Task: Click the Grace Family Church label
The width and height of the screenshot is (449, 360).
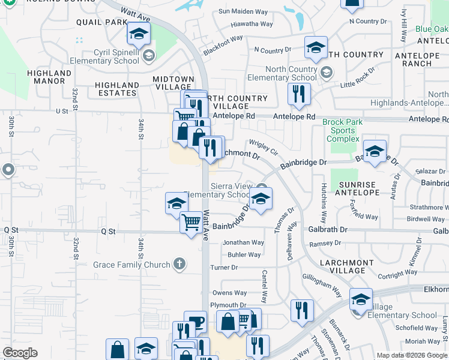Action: pyautogui.click(x=131, y=264)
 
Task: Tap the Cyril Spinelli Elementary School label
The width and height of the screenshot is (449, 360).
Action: pyautogui.click(x=104, y=56)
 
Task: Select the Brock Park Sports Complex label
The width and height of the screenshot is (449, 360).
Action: pyautogui.click(x=342, y=130)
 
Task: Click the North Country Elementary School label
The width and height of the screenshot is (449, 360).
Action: pyautogui.click(x=282, y=73)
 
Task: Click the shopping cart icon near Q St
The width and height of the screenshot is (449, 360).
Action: pyautogui.click(x=191, y=222)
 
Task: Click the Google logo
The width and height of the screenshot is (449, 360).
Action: pyautogui.click(x=20, y=353)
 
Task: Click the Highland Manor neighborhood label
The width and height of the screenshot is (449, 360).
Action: pyautogui.click(x=49, y=77)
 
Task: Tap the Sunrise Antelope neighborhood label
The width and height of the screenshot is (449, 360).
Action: pyautogui.click(x=359, y=188)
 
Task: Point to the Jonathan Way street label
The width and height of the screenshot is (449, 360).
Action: pyautogui.click(x=243, y=242)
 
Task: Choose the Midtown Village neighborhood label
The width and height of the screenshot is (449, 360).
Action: pyautogui.click(x=173, y=83)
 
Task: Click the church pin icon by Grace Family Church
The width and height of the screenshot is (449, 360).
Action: pyautogui.click(x=179, y=263)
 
